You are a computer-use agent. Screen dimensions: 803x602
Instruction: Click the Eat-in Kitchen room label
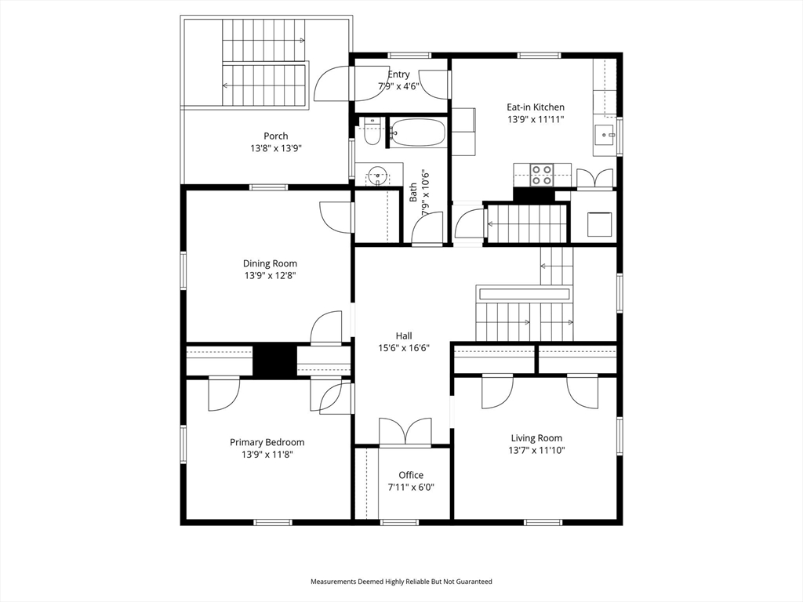(x=536, y=107)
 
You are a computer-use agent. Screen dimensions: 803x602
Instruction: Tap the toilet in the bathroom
(x=371, y=132)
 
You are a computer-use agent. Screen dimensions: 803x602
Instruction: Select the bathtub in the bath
(x=418, y=132)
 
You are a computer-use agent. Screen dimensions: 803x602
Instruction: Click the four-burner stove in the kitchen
(x=541, y=174)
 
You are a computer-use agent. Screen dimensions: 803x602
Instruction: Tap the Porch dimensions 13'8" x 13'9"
(x=275, y=148)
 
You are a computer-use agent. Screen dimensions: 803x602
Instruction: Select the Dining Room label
(x=270, y=263)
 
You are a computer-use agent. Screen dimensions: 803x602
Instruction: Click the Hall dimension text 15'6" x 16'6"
(x=404, y=348)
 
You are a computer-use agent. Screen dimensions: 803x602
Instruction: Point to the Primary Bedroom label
(x=267, y=442)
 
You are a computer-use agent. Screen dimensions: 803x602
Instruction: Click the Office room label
(x=411, y=475)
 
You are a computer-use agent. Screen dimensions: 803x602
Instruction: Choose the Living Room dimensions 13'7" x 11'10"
(x=536, y=451)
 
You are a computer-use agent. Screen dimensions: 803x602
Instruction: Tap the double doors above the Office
(x=405, y=432)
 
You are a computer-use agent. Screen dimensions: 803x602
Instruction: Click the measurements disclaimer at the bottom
(x=401, y=582)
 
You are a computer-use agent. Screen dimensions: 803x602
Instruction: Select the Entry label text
(x=398, y=74)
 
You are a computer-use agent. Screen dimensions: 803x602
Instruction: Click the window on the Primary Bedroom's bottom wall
(x=273, y=522)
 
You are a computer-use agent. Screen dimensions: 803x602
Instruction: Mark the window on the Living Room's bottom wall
(x=543, y=522)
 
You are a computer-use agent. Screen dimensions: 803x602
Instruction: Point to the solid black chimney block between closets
(x=275, y=361)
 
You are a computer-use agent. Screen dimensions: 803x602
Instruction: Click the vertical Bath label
(x=412, y=193)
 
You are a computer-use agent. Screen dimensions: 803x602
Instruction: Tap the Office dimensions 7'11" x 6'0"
(x=411, y=488)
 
